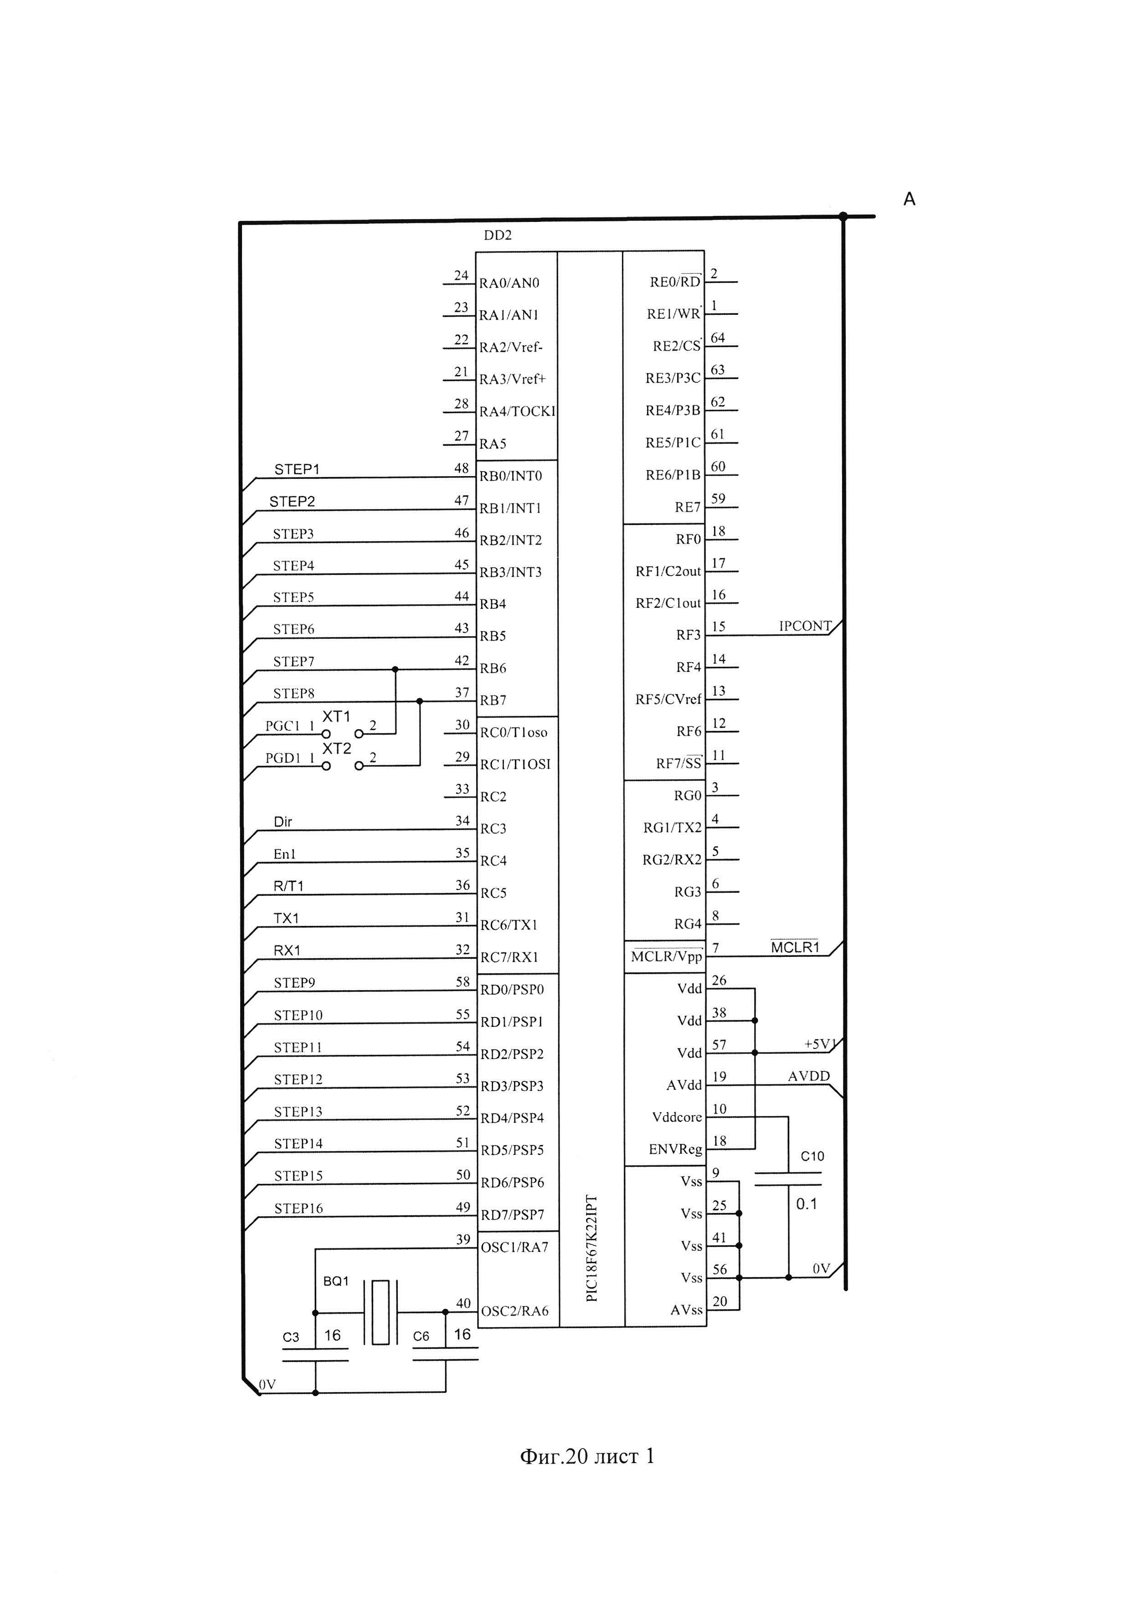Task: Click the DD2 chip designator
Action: pos(498,235)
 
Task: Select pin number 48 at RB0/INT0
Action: pos(461,468)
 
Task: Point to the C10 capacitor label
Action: pos(812,1156)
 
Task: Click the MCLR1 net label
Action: pos(795,947)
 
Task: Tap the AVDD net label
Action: pos(808,1076)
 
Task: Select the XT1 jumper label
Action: pos(336,716)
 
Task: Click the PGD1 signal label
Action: pos(282,758)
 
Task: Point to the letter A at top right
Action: pos(909,200)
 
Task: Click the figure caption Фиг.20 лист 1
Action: pos(586,1457)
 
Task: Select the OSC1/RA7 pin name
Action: pos(514,1247)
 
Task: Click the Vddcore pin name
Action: pos(676,1117)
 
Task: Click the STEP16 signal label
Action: pos(298,1208)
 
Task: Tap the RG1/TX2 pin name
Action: pos(672,827)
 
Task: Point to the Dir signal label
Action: pos(282,822)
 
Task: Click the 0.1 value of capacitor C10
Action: pos(806,1204)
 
